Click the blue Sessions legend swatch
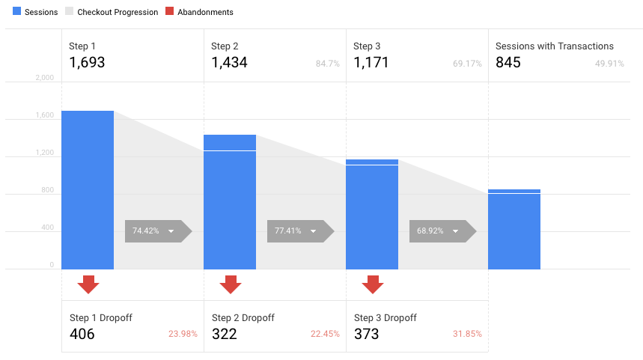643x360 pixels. [x=16, y=11]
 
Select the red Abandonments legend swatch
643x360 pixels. [x=169, y=11]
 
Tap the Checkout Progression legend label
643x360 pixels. [x=118, y=12]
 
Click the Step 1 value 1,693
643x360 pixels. [x=87, y=62]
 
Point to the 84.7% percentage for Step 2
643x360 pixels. [x=328, y=64]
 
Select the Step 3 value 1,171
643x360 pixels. [x=371, y=62]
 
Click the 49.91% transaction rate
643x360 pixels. [x=609, y=64]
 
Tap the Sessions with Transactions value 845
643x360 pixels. [x=508, y=62]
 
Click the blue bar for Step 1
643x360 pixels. [x=88, y=190]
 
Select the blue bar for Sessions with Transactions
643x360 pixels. [x=514, y=229]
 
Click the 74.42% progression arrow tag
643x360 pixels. [x=158, y=231]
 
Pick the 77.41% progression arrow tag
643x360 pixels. [x=301, y=231]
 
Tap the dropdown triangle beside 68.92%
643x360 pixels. [x=455, y=231]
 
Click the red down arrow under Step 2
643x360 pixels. [x=231, y=284]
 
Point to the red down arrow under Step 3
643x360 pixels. [x=373, y=284]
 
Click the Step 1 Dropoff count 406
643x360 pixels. [x=82, y=334]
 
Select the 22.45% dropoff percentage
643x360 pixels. [x=325, y=334]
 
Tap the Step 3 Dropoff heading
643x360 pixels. [x=386, y=318]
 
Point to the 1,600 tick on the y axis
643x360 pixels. [x=45, y=115]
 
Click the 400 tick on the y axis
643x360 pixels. [x=48, y=228]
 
